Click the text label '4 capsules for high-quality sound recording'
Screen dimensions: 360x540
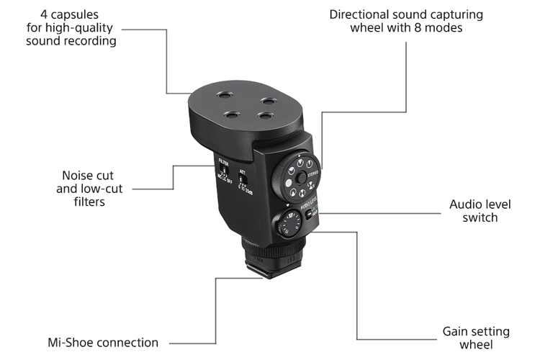[x=71, y=27]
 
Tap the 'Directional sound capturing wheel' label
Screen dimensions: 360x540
[x=406, y=21]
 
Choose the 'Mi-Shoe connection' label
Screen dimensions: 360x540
[x=102, y=342]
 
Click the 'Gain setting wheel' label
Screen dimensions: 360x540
[x=476, y=338]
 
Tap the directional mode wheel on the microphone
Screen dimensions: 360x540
[x=297, y=176]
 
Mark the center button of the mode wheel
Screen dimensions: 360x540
[x=297, y=176]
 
